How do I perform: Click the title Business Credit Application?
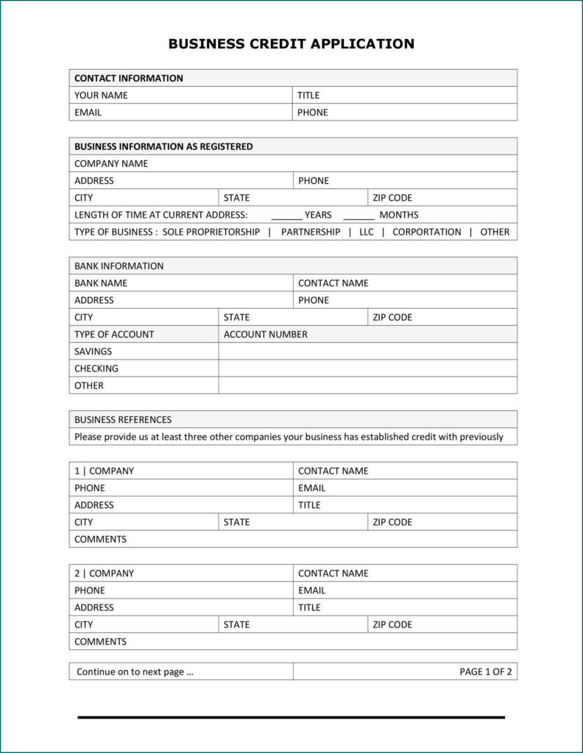click(291, 44)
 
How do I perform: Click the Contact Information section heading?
click(129, 78)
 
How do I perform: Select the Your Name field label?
click(101, 95)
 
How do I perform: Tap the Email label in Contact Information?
click(88, 113)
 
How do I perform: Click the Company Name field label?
click(111, 163)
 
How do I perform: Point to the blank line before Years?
click(286, 216)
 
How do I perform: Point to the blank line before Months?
click(358, 216)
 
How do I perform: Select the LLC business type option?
click(367, 232)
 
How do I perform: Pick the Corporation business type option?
click(427, 232)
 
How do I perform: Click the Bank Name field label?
click(101, 283)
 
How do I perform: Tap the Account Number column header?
click(266, 334)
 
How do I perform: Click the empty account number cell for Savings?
click(367, 351)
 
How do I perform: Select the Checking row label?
click(96, 368)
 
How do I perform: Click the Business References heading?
click(123, 420)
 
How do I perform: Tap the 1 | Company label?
click(104, 471)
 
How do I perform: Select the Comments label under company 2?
click(100, 641)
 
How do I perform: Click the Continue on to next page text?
click(135, 671)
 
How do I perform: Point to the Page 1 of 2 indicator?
click(485, 671)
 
